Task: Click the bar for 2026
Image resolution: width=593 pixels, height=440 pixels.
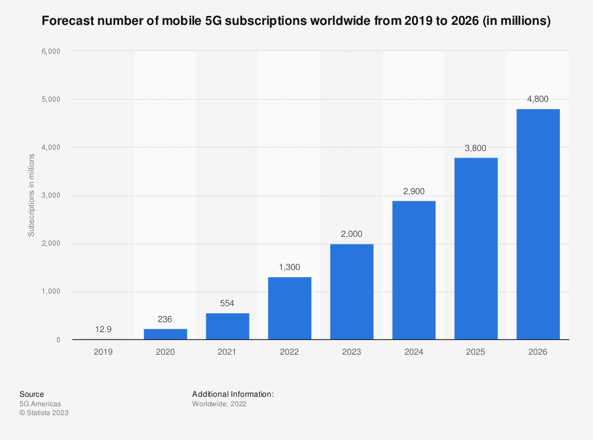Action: [538, 224]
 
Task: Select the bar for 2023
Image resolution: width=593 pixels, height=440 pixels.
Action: [352, 291]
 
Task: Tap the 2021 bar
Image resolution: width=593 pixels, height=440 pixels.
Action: [227, 326]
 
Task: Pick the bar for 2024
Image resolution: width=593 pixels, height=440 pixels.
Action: [414, 270]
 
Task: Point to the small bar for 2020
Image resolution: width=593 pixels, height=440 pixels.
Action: [165, 334]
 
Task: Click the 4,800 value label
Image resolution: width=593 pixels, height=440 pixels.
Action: [538, 99]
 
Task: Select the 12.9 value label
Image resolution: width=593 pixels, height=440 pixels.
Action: [103, 329]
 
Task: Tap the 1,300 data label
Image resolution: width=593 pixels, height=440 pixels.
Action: [289, 267]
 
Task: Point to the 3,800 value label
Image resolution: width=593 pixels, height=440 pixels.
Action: [476, 147]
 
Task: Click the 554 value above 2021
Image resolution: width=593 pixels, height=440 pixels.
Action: [227, 303]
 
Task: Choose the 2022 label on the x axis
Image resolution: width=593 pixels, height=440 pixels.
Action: [289, 352]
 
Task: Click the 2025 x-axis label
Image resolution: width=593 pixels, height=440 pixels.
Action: [476, 352]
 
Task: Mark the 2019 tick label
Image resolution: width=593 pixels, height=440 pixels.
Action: [103, 352]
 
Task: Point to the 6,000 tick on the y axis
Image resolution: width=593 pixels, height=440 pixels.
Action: [50, 51]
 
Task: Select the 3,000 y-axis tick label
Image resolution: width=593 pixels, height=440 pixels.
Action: [50, 195]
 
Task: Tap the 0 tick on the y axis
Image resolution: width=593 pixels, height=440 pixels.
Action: [58, 340]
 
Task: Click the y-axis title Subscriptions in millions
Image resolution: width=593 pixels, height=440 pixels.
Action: [31, 195]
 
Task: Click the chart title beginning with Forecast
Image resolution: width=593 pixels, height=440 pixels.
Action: [296, 22]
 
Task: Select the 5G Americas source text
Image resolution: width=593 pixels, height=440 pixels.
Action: [40, 404]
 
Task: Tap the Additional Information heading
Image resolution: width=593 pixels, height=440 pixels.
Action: [233, 394]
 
